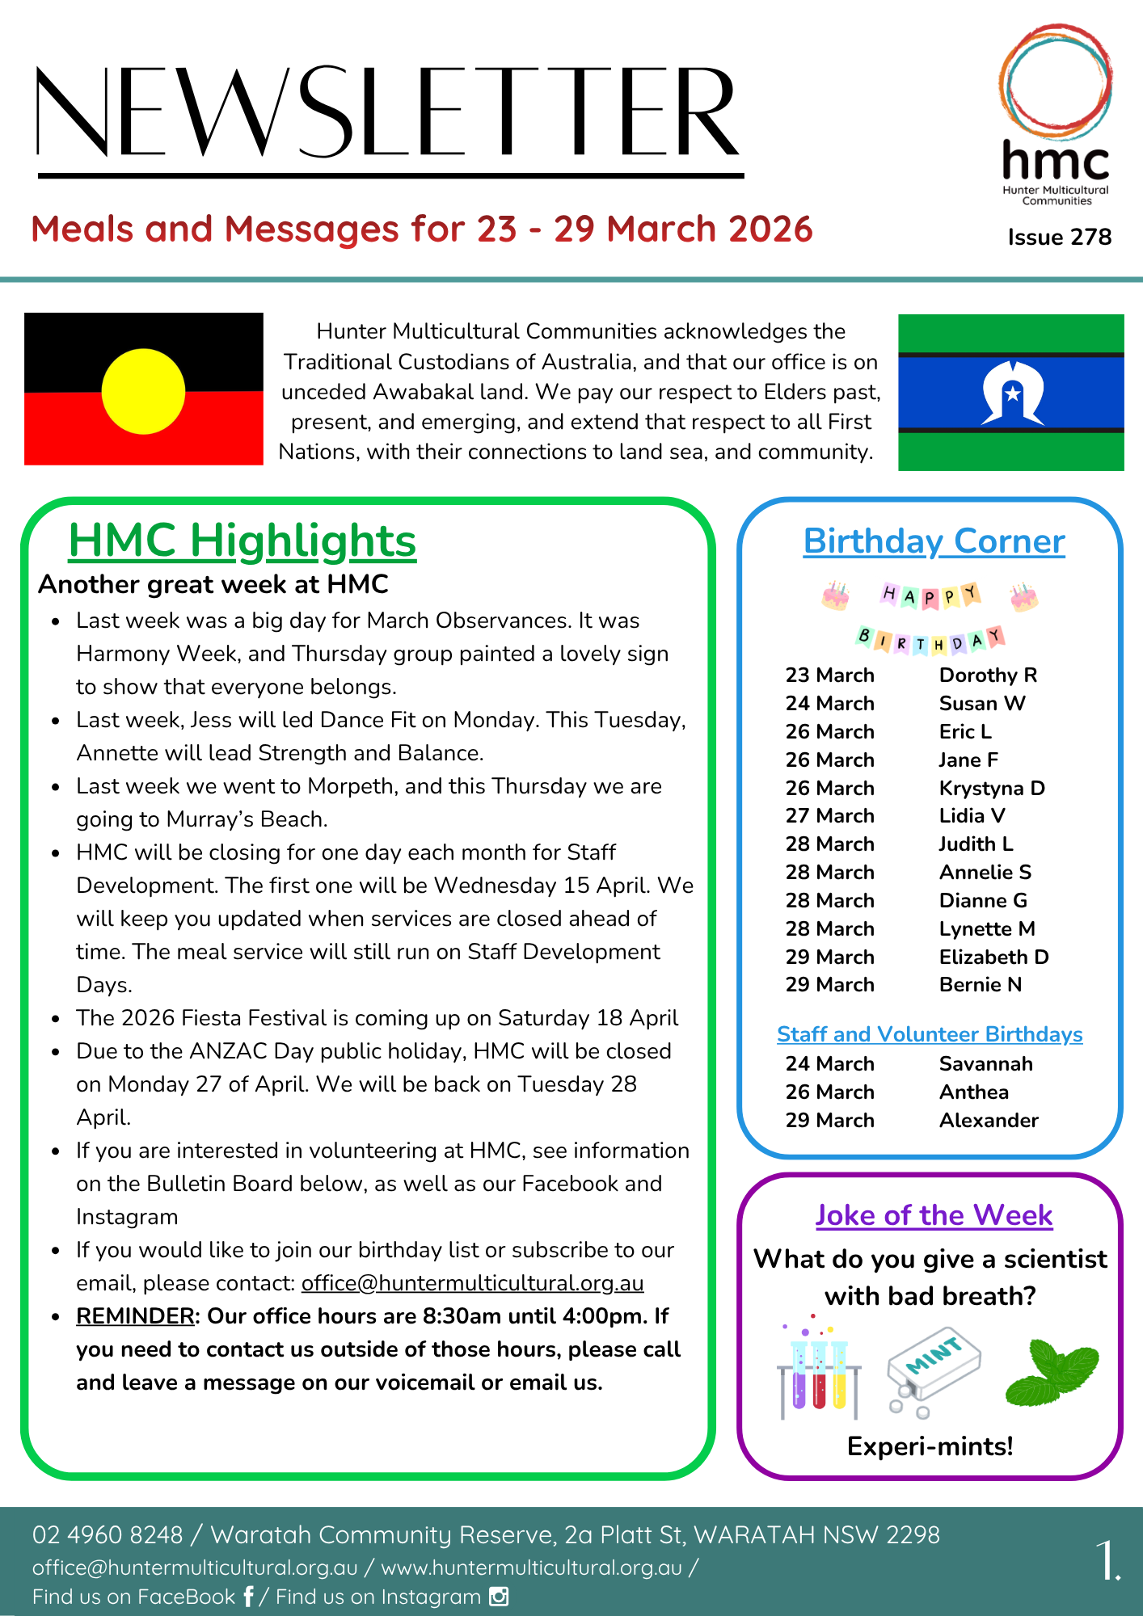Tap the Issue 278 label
tap(1059, 237)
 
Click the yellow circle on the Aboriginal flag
tap(143, 391)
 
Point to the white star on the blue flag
tap(1012, 394)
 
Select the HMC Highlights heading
tap(242, 541)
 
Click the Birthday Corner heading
tap(934, 541)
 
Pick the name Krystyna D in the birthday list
tap(991, 788)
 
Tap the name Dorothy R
tap(987, 675)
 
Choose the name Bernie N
tap(980, 984)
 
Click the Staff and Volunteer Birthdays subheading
tap(930, 1034)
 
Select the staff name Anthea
tap(973, 1092)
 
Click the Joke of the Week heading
tap(934, 1215)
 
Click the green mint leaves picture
tap(1052, 1372)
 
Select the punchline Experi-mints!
tap(930, 1446)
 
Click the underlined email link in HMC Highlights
tap(472, 1283)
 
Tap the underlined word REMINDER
tap(135, 1316)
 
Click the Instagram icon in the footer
tap(499, 1597)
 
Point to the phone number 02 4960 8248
tap(108, 1534)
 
